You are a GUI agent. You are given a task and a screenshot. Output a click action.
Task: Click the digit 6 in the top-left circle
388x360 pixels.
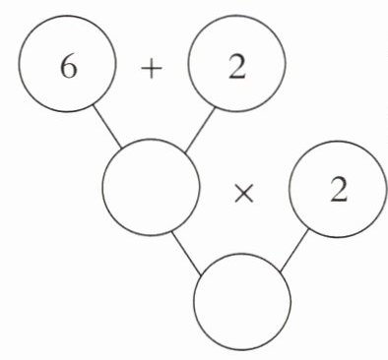pyautogui.click(x=69, y=68)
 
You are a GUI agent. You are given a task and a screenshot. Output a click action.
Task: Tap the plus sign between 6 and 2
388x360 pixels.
pyautogui.click(x=152, y=70)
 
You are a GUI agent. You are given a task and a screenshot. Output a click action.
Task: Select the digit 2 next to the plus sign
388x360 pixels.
pyautogui.click(x=237, y=68)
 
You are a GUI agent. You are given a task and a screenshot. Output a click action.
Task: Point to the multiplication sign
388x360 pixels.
pyautogui.click(x=244, y=194)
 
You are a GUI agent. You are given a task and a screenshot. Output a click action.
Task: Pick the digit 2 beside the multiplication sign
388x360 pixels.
pyautogui.click(x=339, y=190)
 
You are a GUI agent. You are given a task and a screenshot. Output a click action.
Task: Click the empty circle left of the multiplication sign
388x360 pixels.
pyautogui.click(x=151, y=187)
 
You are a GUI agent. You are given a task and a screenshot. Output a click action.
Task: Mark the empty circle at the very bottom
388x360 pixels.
pyautogui.click(x=242, y=301)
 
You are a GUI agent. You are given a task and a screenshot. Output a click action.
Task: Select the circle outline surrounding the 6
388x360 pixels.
pyautogui.click(x=19, y=64)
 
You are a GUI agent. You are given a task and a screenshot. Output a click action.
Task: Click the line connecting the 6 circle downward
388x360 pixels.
pyautogui.click(x=107, y=126)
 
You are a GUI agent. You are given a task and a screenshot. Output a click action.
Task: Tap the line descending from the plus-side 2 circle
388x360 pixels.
pyautogui.click(x=200, y=130)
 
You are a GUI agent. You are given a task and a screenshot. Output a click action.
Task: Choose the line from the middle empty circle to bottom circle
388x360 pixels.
pyautogui.click(x=186, y=253)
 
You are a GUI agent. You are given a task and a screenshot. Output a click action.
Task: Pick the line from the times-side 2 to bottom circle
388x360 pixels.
pyautogui.click(x=294, y=251)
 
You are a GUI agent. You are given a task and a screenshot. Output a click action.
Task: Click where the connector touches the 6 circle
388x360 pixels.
pyautogui.click(x=94, y=105)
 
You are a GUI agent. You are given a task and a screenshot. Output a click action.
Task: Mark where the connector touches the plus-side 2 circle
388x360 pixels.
pyautogui.click(x=215, y=108)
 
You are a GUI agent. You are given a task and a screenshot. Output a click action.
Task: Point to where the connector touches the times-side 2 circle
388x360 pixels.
pyautogui.click(x=308, y=229)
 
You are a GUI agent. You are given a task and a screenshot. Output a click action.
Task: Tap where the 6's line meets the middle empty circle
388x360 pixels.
pyautogui.click(x=122, y=149)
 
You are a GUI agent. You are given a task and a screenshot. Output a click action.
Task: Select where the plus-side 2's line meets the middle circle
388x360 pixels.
pyautogui.click(x=185, y=152)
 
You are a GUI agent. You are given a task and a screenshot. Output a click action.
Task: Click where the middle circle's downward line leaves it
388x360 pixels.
pyautogui.click(x=172, y=231)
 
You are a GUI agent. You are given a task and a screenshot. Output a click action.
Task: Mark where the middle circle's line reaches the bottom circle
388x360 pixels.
pyautogui.click(x=201, y=273)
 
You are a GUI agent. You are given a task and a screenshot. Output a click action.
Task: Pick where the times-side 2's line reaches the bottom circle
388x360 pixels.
pyautogui.click(x=280, y=271)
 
